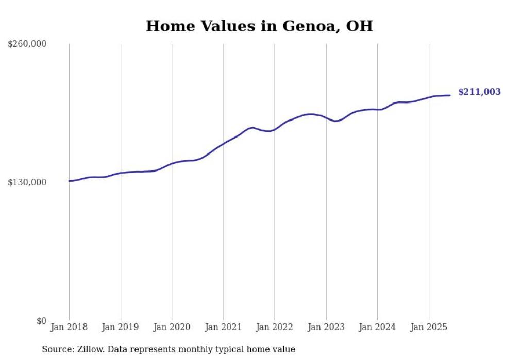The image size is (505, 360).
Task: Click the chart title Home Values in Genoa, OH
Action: click(259, 26)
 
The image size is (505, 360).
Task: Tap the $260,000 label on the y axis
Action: click(27, 44)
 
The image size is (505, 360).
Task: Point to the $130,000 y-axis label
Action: click(27, 182)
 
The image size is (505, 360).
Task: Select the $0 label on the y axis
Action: click(41, 321)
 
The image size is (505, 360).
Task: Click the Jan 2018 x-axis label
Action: click(69, 327)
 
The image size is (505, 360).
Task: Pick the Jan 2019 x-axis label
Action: click(121, 327)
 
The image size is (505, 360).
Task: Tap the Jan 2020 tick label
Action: click(172, 327)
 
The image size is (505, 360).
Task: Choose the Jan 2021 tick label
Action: click(223, 327)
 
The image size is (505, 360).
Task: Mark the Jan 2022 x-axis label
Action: click(275, 327)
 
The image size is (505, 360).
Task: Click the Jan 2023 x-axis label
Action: click(326, 327)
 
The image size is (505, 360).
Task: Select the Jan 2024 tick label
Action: click(377, 327)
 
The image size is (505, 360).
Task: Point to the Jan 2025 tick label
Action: click(429, 327)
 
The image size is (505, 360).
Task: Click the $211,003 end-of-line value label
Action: click(479, 92)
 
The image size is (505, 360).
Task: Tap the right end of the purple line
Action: click(450, 95)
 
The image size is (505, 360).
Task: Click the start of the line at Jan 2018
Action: click(69, 181)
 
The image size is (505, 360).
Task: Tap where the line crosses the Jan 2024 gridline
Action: click(377, 110)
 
